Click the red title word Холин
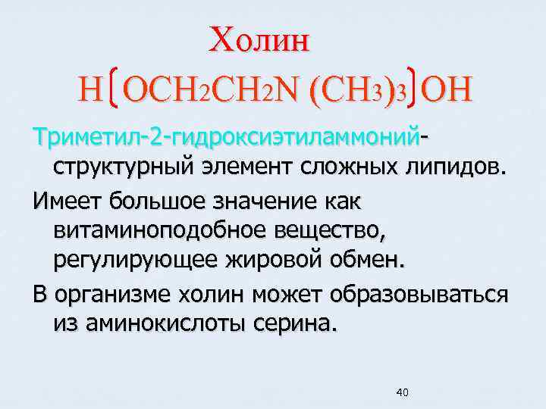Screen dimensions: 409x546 (260, 39)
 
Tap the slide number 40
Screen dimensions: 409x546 (403, 392)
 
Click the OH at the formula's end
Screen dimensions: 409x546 (447, 89)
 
